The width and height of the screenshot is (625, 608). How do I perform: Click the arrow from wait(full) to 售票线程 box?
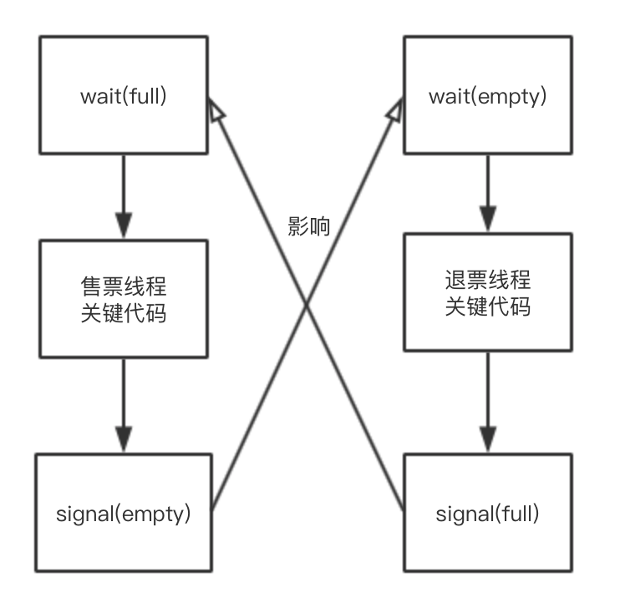(x=123, y=196)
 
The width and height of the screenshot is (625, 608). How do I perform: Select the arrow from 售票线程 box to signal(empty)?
(x=123, y=405)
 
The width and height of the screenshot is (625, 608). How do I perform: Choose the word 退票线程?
(x=487, y=279)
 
